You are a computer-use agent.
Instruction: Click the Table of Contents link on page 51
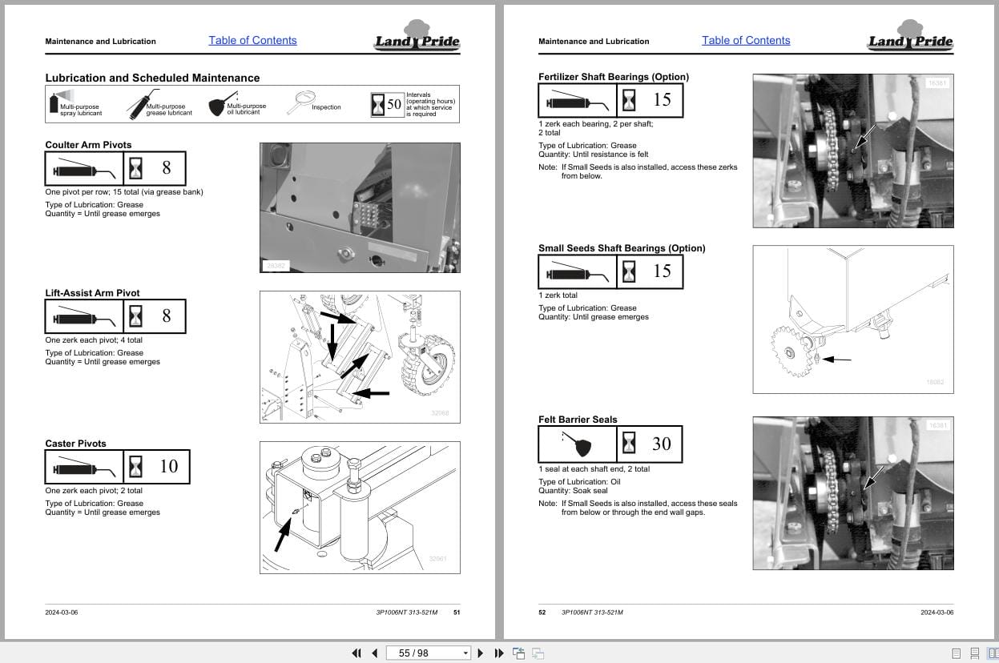coord(252,41)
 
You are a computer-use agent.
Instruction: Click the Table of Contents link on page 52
coord(746,41)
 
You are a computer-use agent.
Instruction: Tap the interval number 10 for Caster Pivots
coord(168,467)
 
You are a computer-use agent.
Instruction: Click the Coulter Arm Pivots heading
coord(88,145)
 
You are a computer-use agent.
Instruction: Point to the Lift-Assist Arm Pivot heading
coord(92,293)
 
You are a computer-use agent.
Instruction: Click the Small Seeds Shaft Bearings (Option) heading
coord(622,248)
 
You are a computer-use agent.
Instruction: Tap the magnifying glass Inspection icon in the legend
coord(302,102)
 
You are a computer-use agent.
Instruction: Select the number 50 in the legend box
coord(394,105)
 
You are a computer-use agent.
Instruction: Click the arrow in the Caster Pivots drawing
coord(282,532)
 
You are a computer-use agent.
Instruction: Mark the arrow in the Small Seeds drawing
coord(837,360)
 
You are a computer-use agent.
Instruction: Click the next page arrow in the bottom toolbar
coord(480,653)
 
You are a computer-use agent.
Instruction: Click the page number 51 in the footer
coord(457,613)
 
